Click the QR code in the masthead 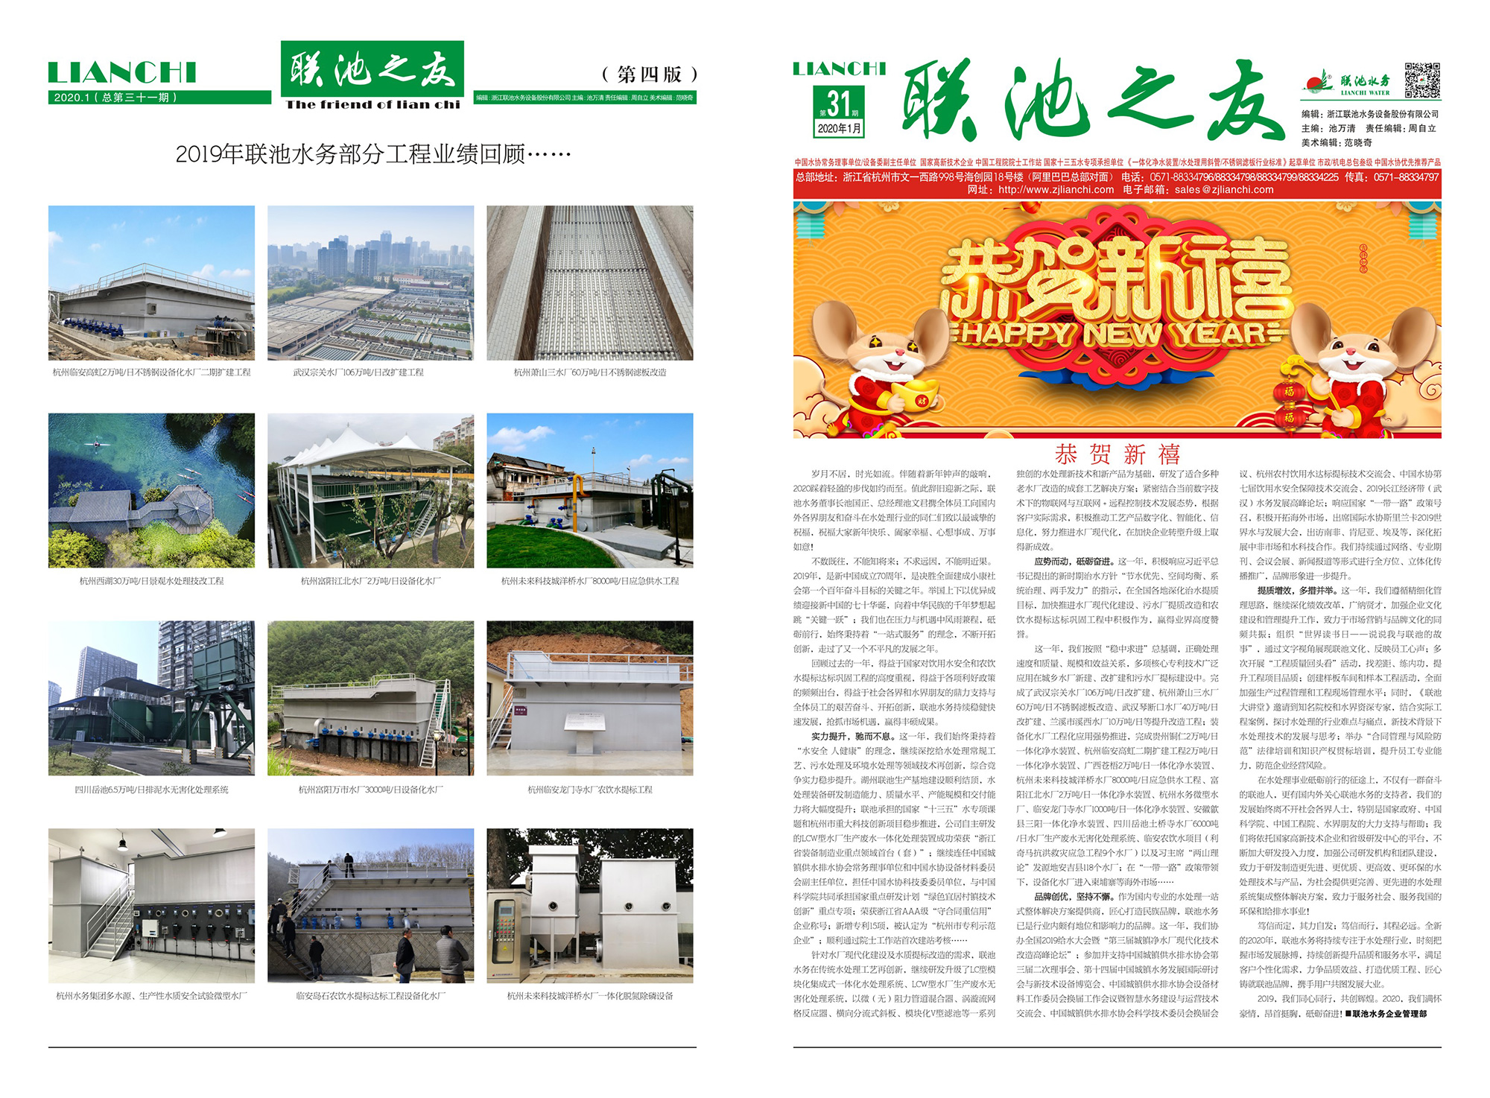coord(1422,80)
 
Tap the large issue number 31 coord(839,103)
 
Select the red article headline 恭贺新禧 coord(1117,454)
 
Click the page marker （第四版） coord(649,74)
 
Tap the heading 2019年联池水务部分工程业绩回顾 coord(372,154)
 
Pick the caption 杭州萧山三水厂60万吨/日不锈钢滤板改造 coord(589,372)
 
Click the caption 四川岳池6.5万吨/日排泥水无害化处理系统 coord(151,790)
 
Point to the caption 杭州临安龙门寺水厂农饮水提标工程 coord(589,790)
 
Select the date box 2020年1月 coord(839,128)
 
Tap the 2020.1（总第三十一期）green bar coord(115,98)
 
